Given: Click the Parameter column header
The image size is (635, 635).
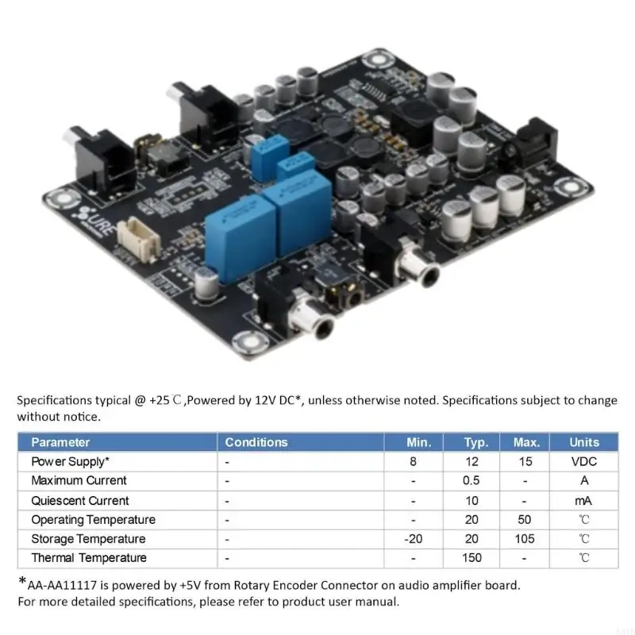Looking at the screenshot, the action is (x=60, y=442).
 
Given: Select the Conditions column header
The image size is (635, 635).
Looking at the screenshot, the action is (x=256, y=442).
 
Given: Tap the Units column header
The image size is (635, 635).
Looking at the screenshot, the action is (x=584, y=442).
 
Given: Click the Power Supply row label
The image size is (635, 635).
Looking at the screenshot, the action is (x=70, y=462).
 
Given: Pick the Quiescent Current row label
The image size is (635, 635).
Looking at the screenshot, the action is (x=80, y=501).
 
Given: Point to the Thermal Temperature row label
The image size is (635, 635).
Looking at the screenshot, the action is (x=89, y=558).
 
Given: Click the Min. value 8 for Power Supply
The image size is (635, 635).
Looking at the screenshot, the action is (x=413, y=462).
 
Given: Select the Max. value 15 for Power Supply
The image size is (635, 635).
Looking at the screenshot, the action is (x=525, y=462).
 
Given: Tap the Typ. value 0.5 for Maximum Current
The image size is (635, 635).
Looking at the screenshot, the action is (x=471, y=481).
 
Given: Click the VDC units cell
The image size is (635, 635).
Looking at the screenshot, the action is (x=584, y=462).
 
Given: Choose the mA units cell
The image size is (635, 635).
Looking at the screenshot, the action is (x=583, y=501).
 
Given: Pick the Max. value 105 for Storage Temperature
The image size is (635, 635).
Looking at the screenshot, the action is (x=525, y=539).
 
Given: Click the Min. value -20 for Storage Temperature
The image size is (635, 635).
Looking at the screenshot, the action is (x=413, y=539).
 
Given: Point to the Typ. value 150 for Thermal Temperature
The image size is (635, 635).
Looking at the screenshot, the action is (x=471, y=558).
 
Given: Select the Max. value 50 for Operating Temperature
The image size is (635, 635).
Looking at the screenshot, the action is (x=525, y=520).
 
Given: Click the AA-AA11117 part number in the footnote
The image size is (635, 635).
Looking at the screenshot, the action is (x=62, y=586).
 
